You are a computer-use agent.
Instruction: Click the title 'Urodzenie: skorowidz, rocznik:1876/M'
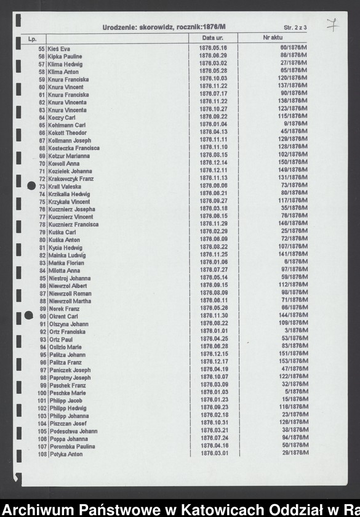(164, 27)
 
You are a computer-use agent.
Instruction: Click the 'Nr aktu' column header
(271, 39)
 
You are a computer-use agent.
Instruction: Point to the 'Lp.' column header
(33, 39)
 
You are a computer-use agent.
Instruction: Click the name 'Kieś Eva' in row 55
(59, 49)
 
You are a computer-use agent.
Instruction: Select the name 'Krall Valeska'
(65, 186)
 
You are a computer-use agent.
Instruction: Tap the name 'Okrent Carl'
(63, 316)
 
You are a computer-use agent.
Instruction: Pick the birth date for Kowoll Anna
(214, 162)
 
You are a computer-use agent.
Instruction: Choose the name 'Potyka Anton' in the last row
(65, 455)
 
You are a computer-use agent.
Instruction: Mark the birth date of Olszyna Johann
(214, 323)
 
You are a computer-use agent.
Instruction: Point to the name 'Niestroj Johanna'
(69, 278)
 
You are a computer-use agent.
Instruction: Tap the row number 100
(42, 393)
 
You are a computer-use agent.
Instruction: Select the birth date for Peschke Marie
(214, 392)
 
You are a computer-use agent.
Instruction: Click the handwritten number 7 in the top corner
(331, 25)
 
